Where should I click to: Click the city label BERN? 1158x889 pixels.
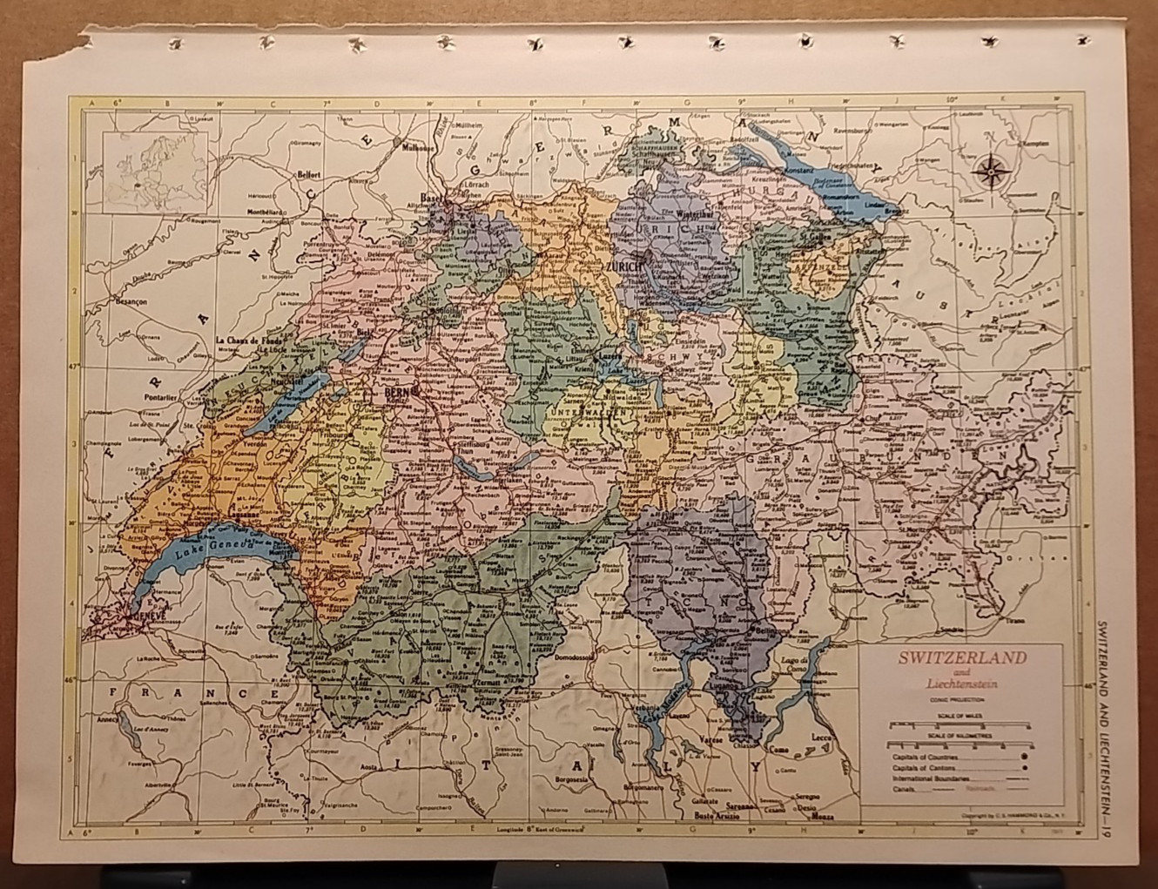pos(395,393)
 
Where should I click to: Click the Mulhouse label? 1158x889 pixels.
pos(418,148)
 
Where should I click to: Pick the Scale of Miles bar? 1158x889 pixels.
pos(958,724)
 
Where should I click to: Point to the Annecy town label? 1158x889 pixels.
pos(109,719)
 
